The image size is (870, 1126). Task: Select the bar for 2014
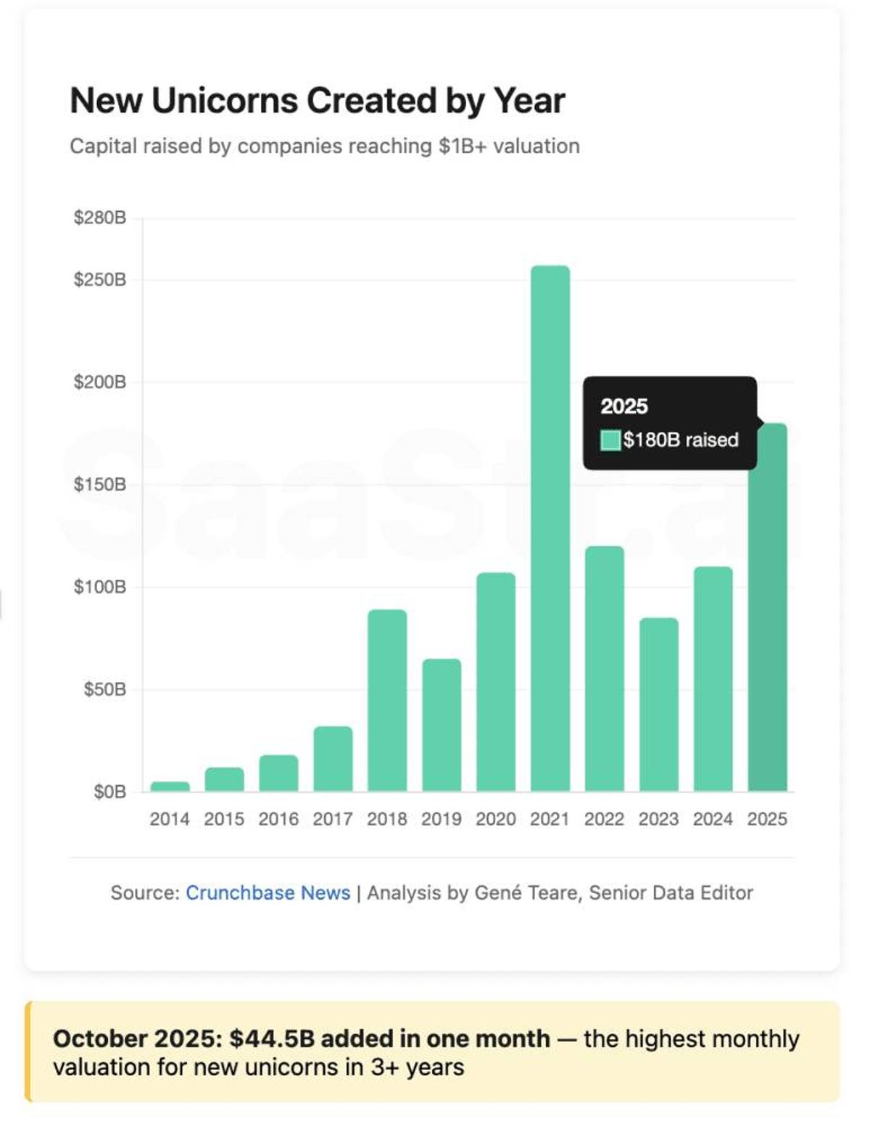click(x=170, y=786)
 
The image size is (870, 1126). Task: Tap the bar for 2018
click(x=387, y=700)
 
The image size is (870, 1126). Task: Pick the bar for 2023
click(x=658, y=704)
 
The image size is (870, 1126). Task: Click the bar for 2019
click(x=442, y=725)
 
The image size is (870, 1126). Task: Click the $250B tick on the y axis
click(x=100, y=280)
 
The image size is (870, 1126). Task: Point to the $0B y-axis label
click(x=109, y=792)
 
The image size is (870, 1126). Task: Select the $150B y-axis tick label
click(x=100, y=485)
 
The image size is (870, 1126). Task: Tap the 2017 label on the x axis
click(x=333, y=819)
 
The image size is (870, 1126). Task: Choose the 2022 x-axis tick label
click(x=604, y=819)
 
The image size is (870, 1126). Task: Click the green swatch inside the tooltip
click(x=610, y=440)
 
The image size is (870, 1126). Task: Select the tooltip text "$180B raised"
click(x=681, y=440)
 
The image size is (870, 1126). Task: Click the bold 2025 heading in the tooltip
click(x=624, y=406)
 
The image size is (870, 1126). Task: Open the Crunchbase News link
click(x=268, y=892)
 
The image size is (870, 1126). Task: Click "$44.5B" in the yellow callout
click(x=272, y=1038)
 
